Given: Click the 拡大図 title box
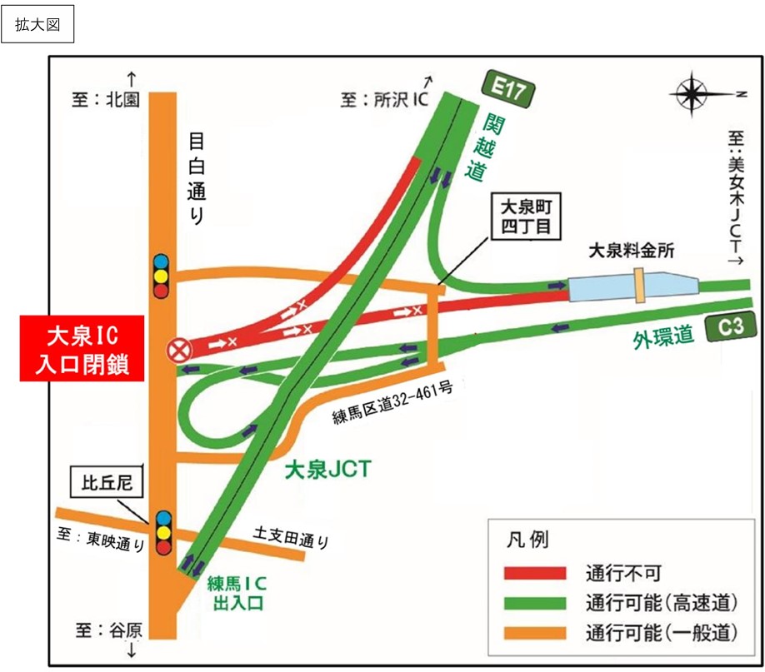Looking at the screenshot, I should [37, 25].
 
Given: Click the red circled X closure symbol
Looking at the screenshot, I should [178, 350].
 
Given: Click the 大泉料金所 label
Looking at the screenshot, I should [632, 249].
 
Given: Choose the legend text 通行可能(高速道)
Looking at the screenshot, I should [659, 603].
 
